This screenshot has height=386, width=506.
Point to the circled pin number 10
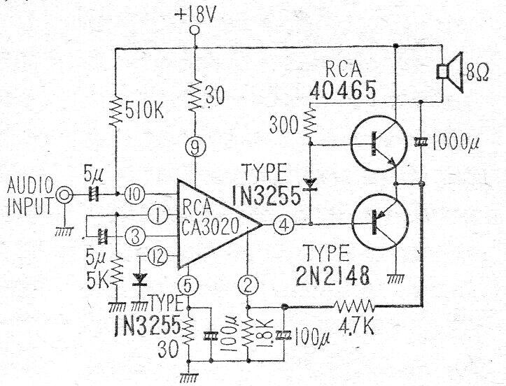click(x=134, y=192)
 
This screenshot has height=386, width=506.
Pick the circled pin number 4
click(x=283, y=225)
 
